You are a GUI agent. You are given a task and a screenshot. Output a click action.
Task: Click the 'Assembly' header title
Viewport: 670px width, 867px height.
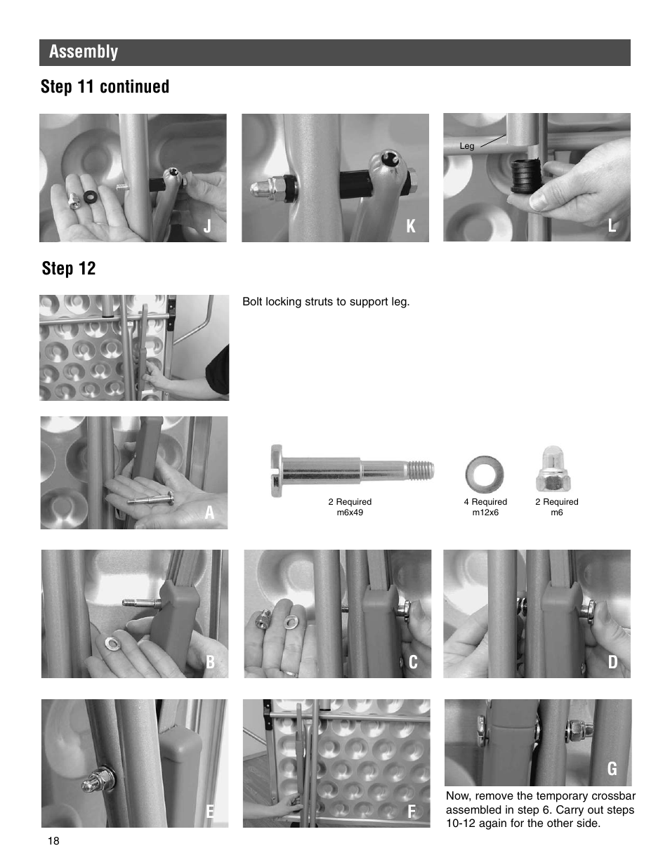[84, 52]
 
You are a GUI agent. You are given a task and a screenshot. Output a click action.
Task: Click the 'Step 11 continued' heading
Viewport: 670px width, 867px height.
[105, 86]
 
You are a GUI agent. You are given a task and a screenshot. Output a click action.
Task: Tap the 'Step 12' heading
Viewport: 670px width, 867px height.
[68, 268]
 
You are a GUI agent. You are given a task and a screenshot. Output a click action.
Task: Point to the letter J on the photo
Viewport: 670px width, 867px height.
[208, 226]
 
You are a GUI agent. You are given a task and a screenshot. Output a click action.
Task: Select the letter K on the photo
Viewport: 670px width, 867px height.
[411, 226]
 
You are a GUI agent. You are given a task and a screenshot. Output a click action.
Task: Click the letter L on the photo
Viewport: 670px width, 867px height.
[612, 225]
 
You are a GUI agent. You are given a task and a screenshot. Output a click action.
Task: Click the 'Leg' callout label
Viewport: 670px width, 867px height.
[467, 146]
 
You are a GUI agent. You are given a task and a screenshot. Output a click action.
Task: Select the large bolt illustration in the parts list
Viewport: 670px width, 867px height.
[351, 470]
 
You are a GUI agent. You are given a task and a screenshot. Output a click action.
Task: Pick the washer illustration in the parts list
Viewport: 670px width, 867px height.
[485, 474]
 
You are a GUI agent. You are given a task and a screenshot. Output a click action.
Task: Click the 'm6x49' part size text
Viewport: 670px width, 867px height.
[350, 512]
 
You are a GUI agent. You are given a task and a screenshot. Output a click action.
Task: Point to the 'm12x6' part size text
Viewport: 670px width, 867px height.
[485, 512]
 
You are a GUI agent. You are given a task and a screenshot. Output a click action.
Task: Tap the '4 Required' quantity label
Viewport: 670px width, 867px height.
[485, 502]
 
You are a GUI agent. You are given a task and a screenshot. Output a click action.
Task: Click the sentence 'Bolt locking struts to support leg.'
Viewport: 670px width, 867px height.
[326, 302]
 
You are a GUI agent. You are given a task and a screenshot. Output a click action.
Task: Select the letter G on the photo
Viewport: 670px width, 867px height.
[612, 769]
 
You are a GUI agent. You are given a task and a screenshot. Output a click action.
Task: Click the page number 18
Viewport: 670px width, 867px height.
[54, 842]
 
